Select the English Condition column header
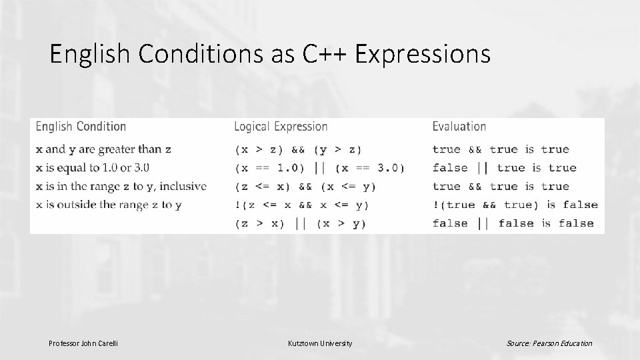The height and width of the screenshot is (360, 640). click(81, 126)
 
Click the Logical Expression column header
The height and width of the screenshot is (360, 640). click(281, 126)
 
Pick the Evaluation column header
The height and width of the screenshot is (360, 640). click(459, 126)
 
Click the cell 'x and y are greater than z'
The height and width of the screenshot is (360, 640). click(103, 149)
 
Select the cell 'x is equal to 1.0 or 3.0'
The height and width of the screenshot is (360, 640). click(93, 167)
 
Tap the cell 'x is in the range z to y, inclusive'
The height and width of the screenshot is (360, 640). click(121, 186)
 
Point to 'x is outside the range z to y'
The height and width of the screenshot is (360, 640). click(109, 205)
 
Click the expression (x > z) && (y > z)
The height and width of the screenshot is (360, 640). click(299, 149)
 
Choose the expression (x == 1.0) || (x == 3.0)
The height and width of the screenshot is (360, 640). click(319, 168)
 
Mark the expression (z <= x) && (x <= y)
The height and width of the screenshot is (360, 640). click(305, 187)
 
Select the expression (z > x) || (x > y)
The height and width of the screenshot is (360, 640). click(300, 223)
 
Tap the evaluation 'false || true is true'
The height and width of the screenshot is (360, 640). click(504, 168)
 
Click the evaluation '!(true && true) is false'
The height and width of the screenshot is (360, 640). click(515, 205)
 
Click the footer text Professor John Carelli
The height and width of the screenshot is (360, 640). click(83, 343)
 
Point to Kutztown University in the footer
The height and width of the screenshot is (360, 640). click(320, 343)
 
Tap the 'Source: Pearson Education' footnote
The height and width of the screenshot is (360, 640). click(549, 343)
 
